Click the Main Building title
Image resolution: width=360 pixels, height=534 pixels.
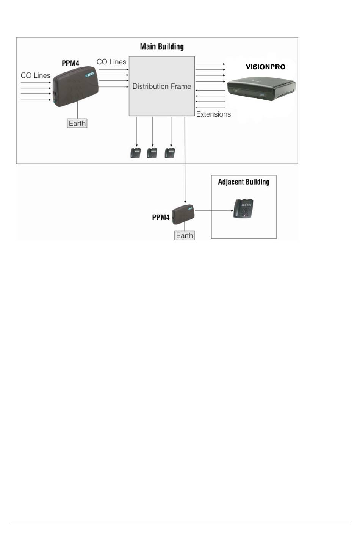pos(162,47)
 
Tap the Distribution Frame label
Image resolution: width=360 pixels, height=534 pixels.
pos(162,86)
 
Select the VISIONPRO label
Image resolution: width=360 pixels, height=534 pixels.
pos(265,67)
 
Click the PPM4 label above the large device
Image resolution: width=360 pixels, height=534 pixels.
pos(70,63)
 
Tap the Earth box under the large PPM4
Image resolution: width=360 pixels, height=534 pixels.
pos(77,123)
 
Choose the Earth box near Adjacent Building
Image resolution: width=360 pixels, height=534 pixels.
pos(185,235)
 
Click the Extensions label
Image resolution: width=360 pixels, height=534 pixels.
pos(213,114)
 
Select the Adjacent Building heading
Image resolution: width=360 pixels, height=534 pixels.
pos(244,182)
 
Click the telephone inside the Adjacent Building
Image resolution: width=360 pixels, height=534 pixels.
pos(243,208)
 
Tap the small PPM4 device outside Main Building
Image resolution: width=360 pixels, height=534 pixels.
pos(183,214)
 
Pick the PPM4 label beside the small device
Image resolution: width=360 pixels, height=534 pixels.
pos(161,218)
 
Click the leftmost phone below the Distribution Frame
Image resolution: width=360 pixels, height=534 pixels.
pos(136,153)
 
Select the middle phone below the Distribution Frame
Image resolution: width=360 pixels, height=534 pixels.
pos(152,153)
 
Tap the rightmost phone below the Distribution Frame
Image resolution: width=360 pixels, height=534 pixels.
pos(169,153)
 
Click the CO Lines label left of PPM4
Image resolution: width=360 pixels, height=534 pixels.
pos(36,75)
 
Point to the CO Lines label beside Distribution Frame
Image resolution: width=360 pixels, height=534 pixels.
pos(111,62)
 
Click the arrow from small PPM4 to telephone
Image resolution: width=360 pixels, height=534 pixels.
pos(214,211)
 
